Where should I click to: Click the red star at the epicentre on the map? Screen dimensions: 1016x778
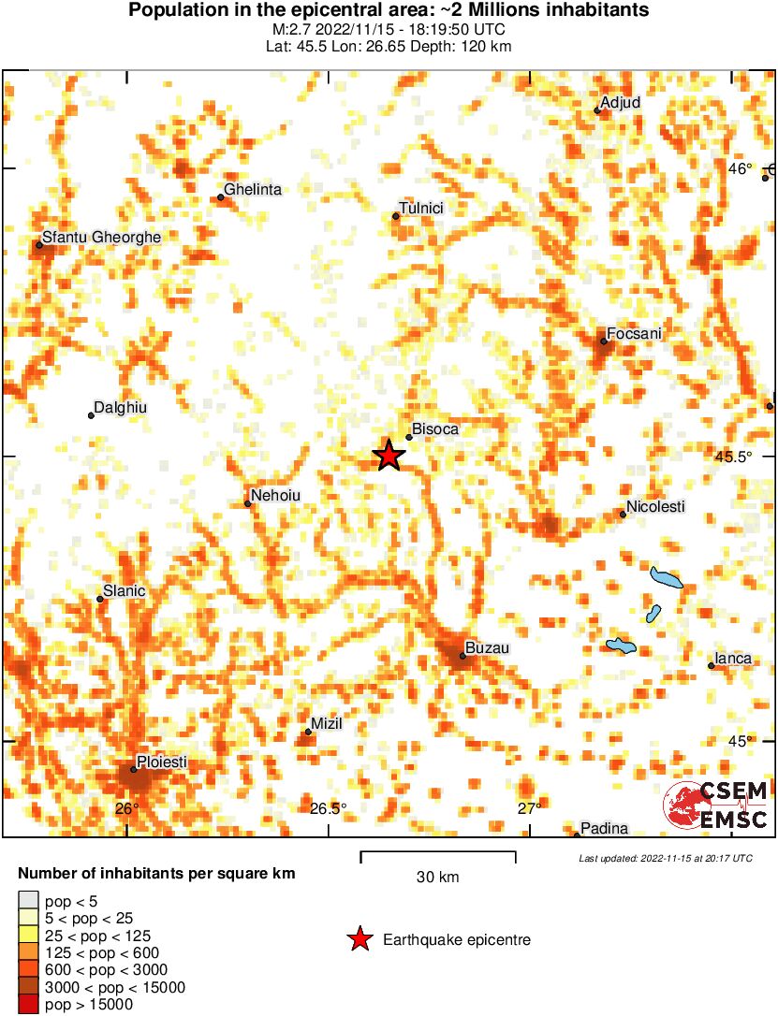click(389, 456)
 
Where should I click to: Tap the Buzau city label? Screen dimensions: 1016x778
click(488, 647)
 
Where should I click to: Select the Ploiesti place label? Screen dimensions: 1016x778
click(162, 762)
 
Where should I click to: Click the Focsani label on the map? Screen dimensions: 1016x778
click(634, 333)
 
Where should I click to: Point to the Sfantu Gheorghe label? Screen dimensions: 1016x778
click(101, 238)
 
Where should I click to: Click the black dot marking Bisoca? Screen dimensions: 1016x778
click(409, 437)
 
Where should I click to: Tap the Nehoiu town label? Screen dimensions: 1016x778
click(276, 496)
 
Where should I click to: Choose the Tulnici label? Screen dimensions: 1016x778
click(420, 208)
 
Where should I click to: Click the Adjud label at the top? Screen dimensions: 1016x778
click(620, 102)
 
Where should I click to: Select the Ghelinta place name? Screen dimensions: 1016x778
click(253, 189)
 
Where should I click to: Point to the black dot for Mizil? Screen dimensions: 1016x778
click(308, 732)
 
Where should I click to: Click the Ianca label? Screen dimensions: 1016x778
click(733, 659)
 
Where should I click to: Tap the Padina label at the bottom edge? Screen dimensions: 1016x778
click(604, 828)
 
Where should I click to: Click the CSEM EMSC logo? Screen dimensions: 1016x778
click(716, 806)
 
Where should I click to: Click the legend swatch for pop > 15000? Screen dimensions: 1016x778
click(28, 1005)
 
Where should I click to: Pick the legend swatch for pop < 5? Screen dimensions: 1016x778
click(28, 901)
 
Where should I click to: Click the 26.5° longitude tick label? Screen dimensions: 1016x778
click(328, 808)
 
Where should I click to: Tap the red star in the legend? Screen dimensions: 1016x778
click(360, 939)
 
